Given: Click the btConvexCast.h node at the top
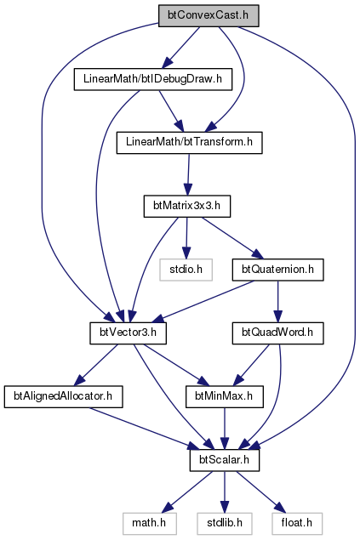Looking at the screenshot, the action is tap(209, 15).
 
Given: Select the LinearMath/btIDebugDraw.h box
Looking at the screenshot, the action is tap(153, 80).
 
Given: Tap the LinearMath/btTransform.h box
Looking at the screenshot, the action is tap(189, 143).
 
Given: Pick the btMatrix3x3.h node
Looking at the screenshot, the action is tap(186, 207).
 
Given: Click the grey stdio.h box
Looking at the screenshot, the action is tap(186, 270).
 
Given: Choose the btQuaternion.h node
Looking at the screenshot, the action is tap(277, 270).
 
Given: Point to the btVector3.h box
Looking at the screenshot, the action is tap(129, 333).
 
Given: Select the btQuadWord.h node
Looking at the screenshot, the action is tap(277, 333).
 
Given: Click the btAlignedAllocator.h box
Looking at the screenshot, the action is tap(63, 397).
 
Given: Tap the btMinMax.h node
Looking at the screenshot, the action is tap(225, 397).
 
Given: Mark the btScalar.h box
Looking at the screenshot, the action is tap(225, 460).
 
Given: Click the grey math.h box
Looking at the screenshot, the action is tap(149, 524).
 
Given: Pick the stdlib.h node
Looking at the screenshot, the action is tap(225, 524).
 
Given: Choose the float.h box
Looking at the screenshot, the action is tap(297, 524).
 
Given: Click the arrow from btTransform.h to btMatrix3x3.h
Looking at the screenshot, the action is tap(188, 174).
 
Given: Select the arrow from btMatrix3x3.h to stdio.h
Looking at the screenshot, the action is tap(186, 238).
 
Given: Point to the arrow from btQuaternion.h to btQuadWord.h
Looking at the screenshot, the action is tap(277, 301).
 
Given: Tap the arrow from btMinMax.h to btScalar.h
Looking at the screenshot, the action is tap(225, 429).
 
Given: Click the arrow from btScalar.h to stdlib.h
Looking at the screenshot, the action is tap(225, 492).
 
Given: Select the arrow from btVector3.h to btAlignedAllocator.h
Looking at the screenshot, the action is tap(96, 365).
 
